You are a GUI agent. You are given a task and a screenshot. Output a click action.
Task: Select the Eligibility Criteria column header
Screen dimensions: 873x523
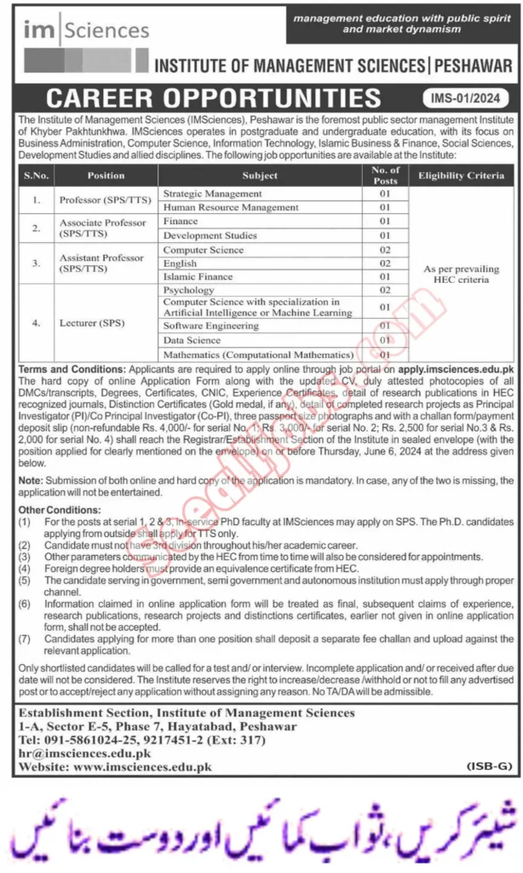click(x=461, y=176)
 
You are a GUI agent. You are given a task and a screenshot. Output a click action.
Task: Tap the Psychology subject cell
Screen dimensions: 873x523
click(x=188, y=290)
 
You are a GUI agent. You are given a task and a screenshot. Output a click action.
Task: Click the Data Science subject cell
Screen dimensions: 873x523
click(x=192, y=339)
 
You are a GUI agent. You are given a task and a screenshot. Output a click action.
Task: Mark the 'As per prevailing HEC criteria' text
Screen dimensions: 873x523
click(x=461, y=274)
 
